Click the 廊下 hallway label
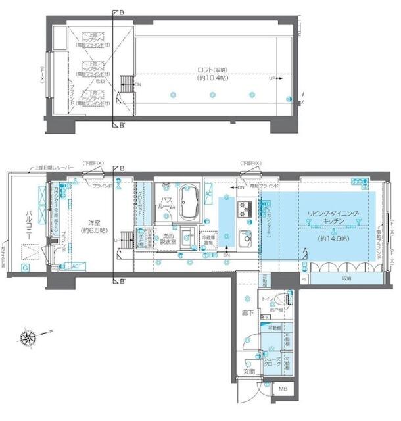247,313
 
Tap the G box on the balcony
24,268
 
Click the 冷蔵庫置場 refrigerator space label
209,241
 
